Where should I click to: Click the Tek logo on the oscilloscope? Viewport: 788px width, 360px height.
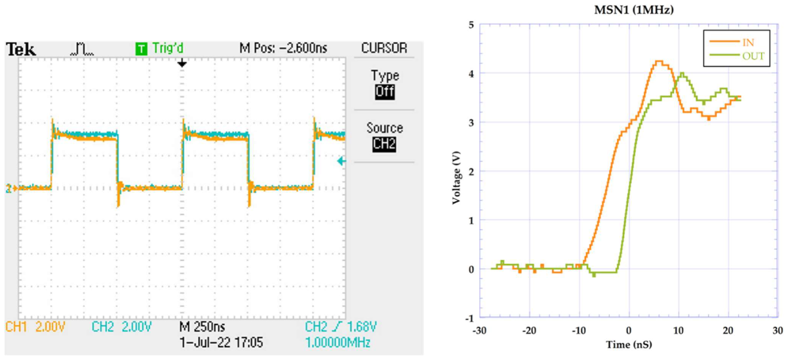coord(20,49)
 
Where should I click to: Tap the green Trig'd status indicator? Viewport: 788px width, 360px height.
coord(160,49)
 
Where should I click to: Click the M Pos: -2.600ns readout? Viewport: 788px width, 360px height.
coord(283,48)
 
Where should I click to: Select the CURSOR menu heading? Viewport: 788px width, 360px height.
coord(384,48)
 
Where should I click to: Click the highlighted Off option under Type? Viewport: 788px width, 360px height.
coord(384,92)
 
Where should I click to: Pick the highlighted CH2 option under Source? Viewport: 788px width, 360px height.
coord(384,144)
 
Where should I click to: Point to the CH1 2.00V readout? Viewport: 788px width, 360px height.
coord(35,327)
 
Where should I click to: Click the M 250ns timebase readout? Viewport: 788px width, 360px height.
coord(202,327)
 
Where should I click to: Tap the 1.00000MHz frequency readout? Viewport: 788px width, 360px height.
coord(337,342)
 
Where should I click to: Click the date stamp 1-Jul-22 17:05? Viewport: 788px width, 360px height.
coord(221,342)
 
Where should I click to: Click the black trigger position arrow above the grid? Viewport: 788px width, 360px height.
coord(182,63)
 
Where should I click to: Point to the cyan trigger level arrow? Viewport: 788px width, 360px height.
coord(341,161)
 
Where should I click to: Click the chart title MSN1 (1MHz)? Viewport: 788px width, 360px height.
coord(633,10)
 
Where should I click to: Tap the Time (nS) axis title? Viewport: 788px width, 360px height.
coord(629,345)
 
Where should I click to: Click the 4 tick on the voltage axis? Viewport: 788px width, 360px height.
coord(471,74)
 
